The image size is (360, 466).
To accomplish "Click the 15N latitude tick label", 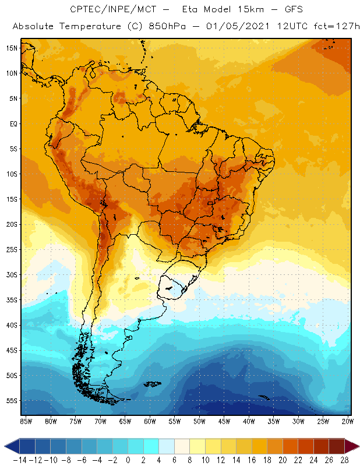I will (x=12, y=48).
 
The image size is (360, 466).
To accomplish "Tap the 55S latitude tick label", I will (x=12, y=401).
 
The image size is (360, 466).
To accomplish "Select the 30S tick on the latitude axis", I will (x=12, y=274).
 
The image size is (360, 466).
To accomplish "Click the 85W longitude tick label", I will (x=26, y=421).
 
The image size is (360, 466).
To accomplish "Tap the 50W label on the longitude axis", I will (x=199, y=421).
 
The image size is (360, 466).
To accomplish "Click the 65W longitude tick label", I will (x=125, y=421).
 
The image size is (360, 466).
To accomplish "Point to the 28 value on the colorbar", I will (x=343, y=460).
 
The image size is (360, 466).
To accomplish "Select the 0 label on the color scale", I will (x=128, y=460).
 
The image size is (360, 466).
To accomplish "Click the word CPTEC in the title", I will (x=84, y=10).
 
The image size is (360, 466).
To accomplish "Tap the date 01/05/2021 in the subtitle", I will (x=229, y=27).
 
